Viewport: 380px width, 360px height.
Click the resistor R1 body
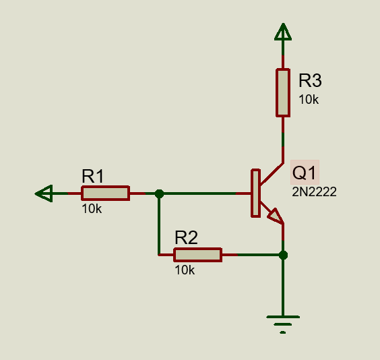pos(105,193)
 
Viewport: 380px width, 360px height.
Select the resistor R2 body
pos(198,255)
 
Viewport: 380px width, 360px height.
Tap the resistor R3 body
pos(283,93)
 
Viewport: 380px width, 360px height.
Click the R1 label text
pos(93,176)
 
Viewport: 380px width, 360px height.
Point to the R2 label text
pos(186,237)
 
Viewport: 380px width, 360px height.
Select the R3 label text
pos(310,80)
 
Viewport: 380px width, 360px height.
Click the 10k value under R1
pos(92,209)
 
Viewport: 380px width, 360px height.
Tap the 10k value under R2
pos(185,270)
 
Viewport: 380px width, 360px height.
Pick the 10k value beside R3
pos(309,100)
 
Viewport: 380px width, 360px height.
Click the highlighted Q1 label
pos(305,173)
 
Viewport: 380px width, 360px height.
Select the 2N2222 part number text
pos(314,192)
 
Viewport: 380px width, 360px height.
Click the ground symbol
pos(283,324)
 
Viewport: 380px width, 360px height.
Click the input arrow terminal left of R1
pos(44,193)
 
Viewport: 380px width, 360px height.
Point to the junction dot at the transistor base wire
pos(159,193)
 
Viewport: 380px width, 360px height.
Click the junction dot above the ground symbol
pos(283,255)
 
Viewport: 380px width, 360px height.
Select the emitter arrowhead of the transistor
pos(276,216)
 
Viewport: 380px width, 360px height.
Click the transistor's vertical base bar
pos(255,193)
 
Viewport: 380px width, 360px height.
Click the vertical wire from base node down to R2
pos(159,224)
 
